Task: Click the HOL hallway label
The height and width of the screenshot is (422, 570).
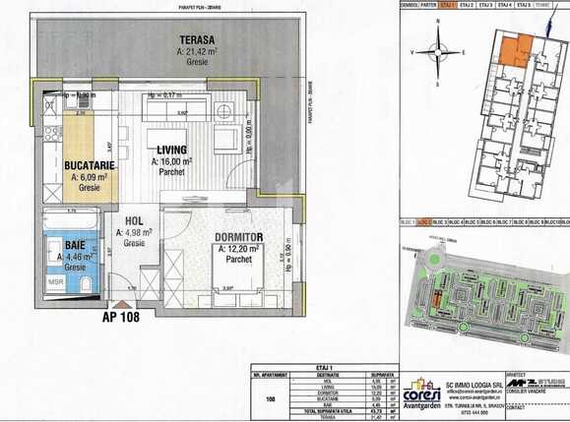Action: point(135,222)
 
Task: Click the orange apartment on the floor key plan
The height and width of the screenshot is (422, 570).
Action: point(514,48)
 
